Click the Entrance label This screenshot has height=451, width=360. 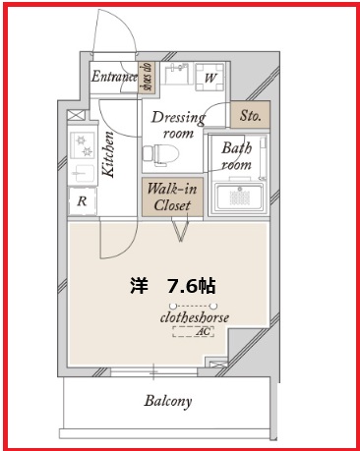113,76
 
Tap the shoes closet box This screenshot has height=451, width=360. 145,76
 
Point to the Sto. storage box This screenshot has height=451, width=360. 250,115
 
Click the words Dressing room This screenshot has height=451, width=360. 179,125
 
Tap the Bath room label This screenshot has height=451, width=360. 236,156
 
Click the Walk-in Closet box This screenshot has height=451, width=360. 175,197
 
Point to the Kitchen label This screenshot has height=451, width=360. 108,157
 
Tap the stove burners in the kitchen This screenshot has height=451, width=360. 81,146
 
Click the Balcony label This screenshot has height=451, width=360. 167,401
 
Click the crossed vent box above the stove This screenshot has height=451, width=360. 76,115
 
